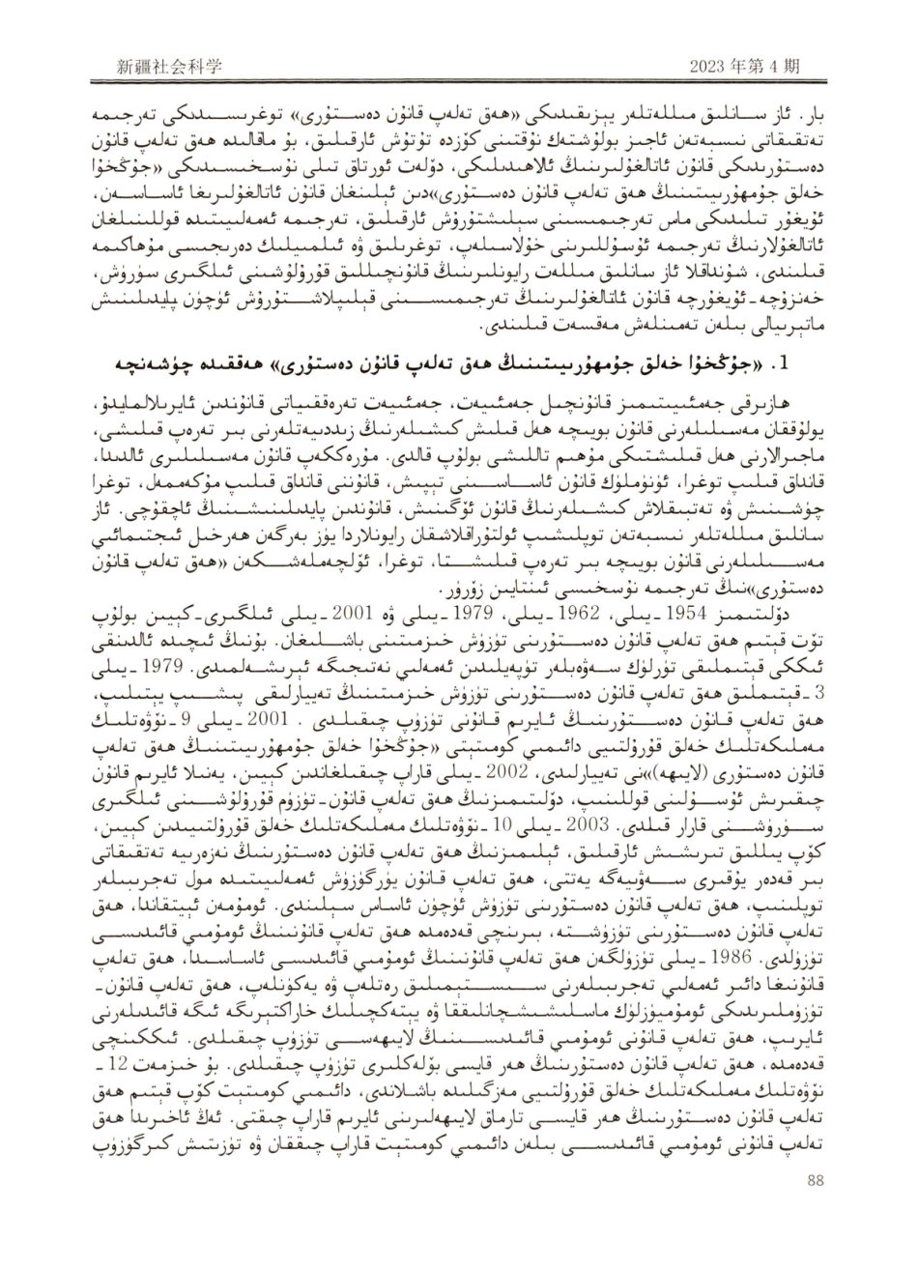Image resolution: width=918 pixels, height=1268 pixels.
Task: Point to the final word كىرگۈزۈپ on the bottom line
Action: (x=132, y=1196)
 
